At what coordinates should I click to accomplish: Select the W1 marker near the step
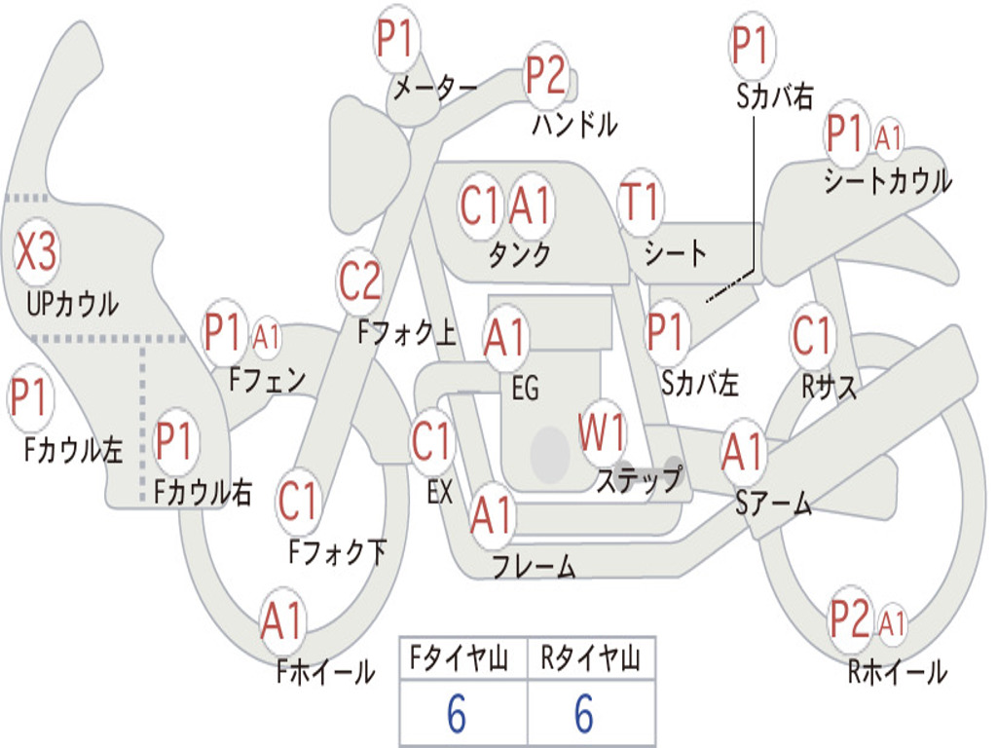[601, 432]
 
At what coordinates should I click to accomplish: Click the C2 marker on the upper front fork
[360, 281]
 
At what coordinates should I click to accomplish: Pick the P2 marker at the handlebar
[545, 75]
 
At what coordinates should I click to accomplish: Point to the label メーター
[435, 89]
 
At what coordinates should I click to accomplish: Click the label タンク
[520, 254]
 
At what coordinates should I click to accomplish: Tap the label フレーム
[535, 566]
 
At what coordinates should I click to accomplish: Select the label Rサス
[829, 386]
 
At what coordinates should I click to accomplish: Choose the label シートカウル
[888, 180]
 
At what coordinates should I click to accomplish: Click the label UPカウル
[72, 304]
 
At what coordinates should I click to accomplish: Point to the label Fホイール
[325, 672]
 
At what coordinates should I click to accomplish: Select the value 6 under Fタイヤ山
[457, 713]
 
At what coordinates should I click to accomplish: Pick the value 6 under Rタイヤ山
[584, 713]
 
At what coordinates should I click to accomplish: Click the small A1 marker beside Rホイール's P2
[892, 621]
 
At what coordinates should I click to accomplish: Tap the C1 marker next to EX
[431, 441]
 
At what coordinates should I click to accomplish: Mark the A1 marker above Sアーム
[742, 452]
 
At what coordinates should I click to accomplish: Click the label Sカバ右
[775, 96]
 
